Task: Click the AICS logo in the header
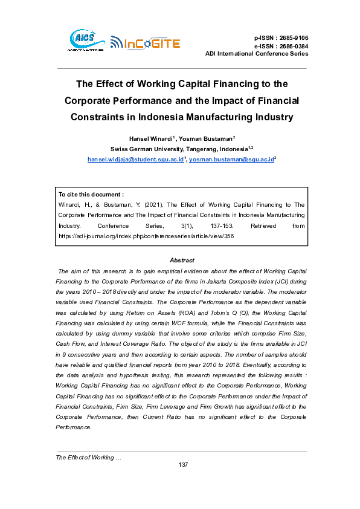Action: coord(83,40)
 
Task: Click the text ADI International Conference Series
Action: coord(257,54)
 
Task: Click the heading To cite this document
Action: coord(91,195)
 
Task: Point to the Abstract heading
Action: coord(181,260)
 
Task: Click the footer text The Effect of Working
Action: coord(88,457)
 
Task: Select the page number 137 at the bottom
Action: coord(184,464)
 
